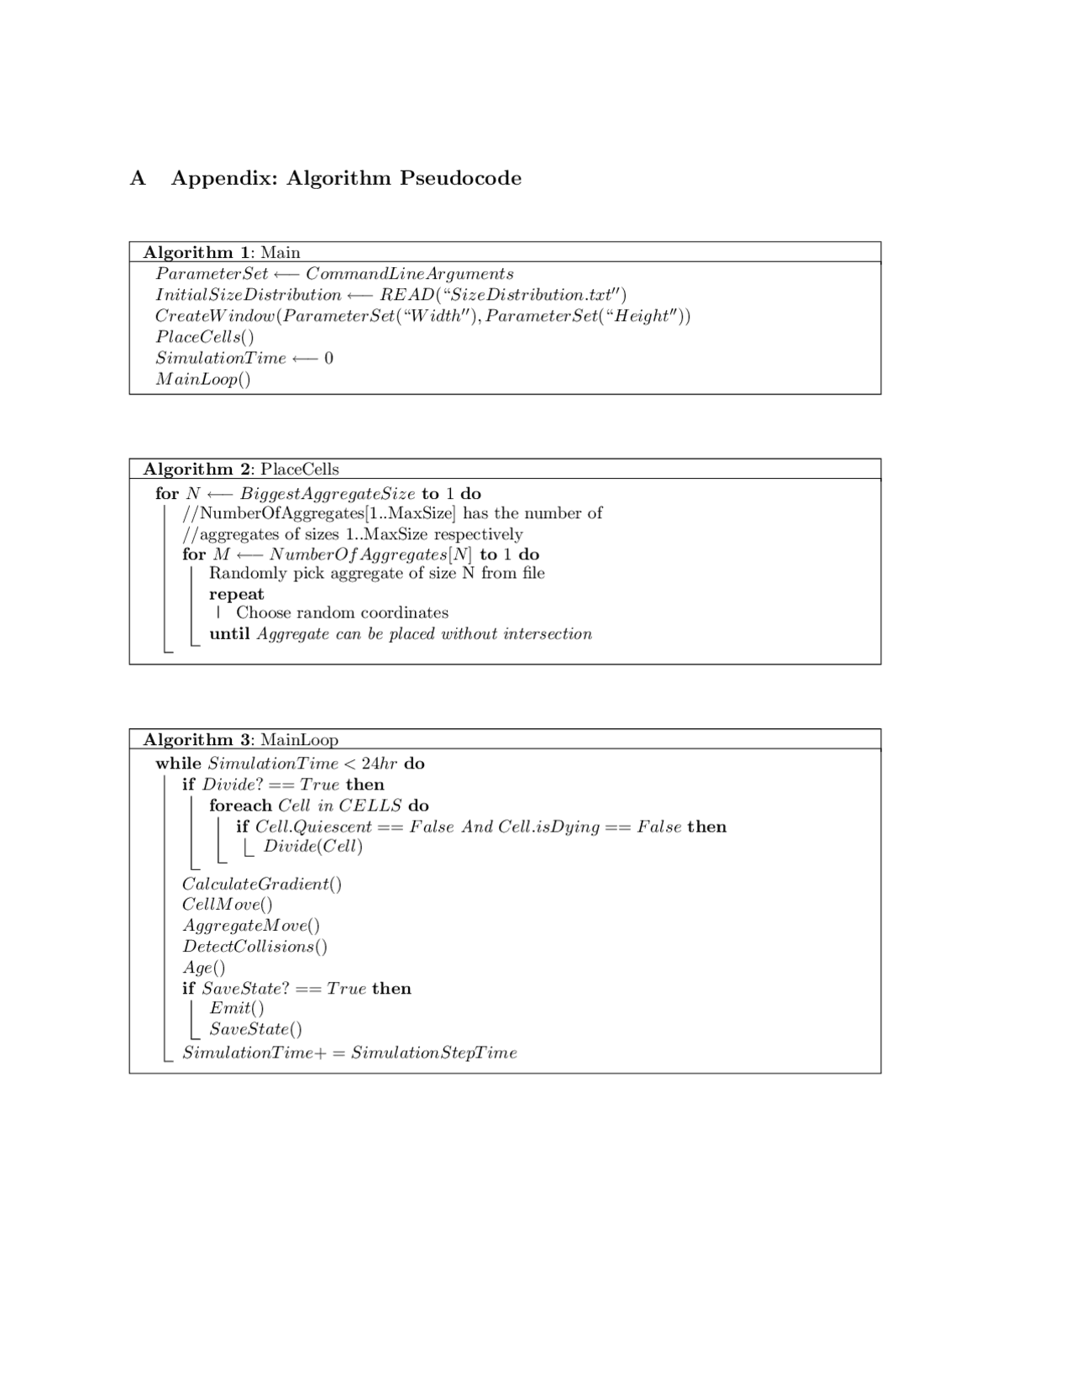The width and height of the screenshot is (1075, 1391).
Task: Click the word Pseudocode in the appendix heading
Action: [460, 178]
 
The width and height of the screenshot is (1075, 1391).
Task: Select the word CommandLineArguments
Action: [409, 274]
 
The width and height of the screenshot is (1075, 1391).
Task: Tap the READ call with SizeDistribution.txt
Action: [502, 295]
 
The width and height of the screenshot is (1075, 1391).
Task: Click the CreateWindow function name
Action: [215, 316]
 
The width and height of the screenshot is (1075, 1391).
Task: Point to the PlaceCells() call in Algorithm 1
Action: [204, 337]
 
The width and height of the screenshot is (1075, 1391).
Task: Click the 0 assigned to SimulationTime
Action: [328, 358]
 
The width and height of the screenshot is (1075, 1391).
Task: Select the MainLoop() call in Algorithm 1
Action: [202, 379]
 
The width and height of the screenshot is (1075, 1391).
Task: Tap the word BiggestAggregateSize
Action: [328, 493]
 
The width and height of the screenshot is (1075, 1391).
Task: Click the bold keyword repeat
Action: [236, 594]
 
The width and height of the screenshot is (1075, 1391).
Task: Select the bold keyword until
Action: [229, 634]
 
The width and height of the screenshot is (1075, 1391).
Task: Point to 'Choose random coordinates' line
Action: [342, 613]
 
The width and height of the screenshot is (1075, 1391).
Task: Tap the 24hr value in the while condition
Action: [379, 764]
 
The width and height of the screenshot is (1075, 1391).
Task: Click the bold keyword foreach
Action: [240, 806]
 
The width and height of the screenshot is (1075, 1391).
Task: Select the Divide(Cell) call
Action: [312, 846]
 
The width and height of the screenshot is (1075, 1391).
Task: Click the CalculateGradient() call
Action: [261, 884]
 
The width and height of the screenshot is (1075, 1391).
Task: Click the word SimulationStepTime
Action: [433, 1052]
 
